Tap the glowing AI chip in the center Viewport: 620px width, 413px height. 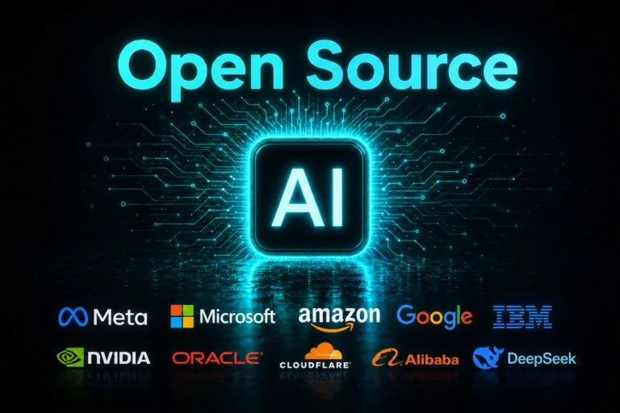(308, 197)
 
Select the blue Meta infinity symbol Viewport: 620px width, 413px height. (73, 316)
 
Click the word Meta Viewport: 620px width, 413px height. (120, 317)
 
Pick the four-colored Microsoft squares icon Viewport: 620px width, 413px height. (182, 316)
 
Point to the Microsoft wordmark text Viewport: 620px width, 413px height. (237, 316)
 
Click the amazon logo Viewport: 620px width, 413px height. (339, 319)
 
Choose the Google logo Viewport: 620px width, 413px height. (434, 317)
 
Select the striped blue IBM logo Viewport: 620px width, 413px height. (522, 316)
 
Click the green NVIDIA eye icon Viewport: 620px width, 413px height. (70, 357)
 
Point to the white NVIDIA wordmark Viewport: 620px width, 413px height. (119, 358)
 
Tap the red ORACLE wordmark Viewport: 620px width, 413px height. (217, 358)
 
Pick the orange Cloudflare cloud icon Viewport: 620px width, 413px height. (324, 351)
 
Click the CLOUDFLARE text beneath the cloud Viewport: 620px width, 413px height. (315, 365)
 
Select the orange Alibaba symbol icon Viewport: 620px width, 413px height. (387, 357)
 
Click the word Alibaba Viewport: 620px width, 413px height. (432, 360)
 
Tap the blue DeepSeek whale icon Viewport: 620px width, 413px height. (488, 357)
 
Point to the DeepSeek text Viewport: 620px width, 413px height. (542, 359)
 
